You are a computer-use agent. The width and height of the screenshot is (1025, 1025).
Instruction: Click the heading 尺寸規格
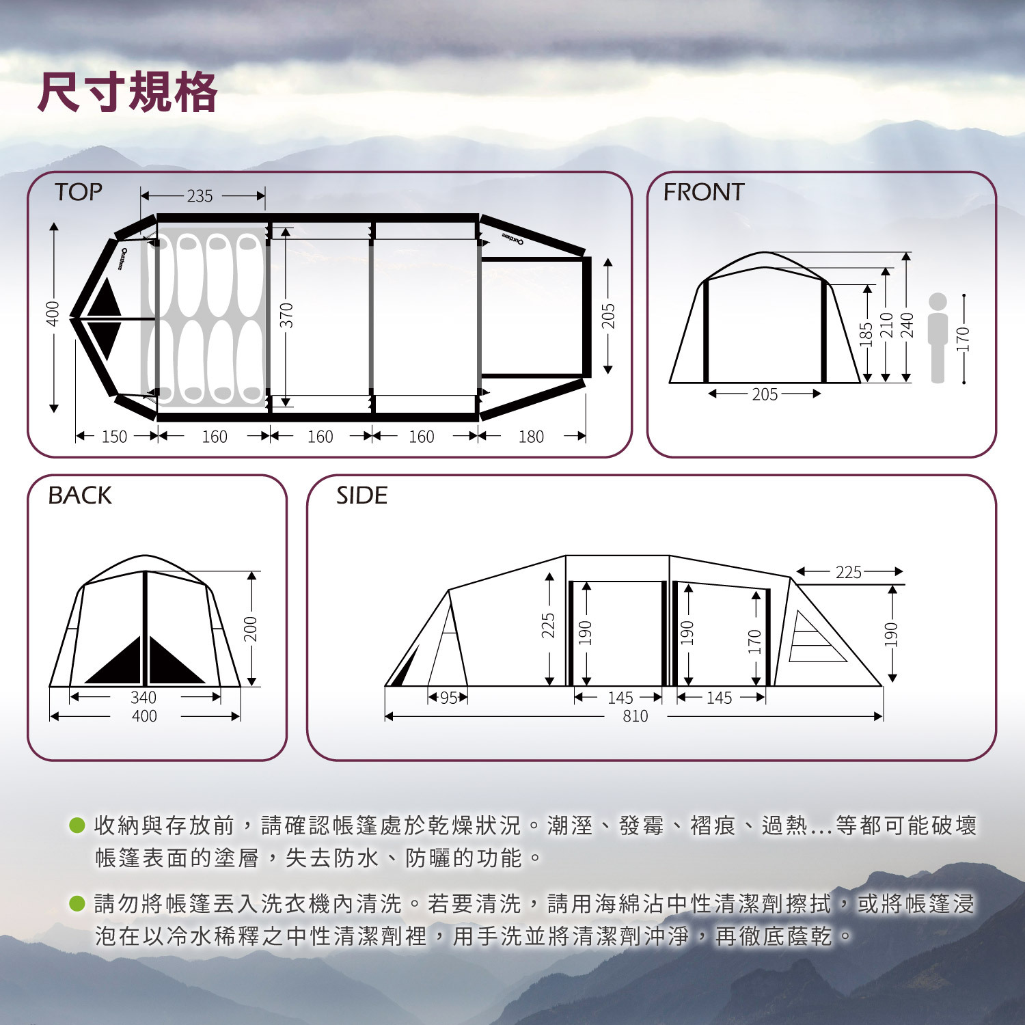128,92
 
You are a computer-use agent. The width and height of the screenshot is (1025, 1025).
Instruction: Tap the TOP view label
79,192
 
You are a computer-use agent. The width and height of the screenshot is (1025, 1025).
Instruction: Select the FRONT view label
703,192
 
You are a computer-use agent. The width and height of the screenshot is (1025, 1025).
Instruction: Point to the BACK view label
80,495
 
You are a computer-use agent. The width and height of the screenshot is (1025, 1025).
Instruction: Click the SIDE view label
361,495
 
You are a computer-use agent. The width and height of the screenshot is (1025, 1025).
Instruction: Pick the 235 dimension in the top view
200,196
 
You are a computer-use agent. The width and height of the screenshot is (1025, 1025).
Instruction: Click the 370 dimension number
286,315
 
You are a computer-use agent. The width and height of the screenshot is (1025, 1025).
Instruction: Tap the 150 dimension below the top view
114,437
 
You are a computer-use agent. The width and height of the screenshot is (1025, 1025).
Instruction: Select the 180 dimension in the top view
531,437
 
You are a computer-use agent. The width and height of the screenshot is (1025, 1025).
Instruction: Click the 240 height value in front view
907,325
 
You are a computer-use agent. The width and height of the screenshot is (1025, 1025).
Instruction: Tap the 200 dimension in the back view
251,629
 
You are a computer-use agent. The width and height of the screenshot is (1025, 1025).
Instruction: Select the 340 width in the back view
143,698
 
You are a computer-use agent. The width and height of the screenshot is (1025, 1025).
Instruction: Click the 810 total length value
635,716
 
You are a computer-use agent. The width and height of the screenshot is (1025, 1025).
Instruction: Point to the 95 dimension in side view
448,698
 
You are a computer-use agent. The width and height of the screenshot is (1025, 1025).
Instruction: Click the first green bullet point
77,825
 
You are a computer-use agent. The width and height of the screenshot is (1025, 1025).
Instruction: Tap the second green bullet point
77,903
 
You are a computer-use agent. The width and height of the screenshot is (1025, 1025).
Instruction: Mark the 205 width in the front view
765,394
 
